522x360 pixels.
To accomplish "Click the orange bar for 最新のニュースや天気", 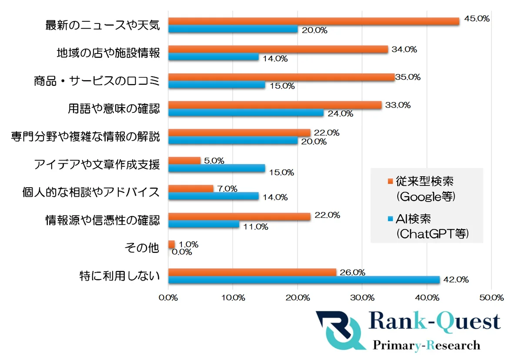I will pos(313,21).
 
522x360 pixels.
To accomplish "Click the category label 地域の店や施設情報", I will pos(108,53).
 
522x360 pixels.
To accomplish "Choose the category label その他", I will pos(141,248).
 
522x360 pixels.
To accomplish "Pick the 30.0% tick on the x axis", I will pos(362,298).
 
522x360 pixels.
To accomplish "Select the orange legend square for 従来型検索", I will pos(389,181).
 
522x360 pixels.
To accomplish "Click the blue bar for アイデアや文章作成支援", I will pos(217,168).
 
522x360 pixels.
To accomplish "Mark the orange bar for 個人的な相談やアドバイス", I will pos(191,188).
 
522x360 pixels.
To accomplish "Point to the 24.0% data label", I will pos(340,114).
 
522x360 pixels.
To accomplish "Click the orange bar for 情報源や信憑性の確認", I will pos(239,216).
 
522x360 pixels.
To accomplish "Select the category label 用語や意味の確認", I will pos(114,108).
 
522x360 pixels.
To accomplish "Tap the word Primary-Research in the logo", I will pos(426,345).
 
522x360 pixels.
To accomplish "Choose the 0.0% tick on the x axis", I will pos(168,298).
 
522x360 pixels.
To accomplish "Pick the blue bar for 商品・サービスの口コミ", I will pos(217,85).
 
